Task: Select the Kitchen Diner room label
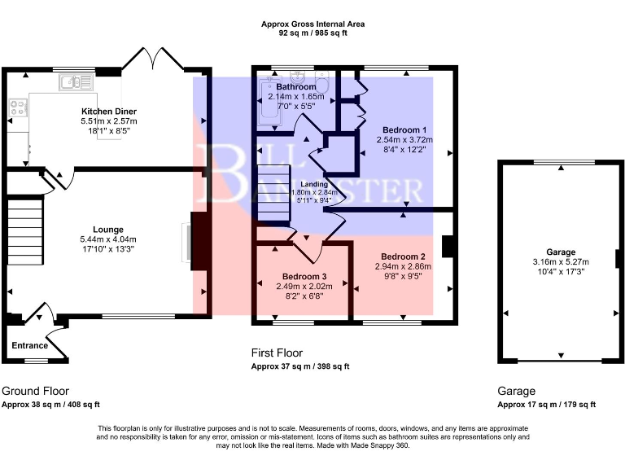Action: tap(108, 111)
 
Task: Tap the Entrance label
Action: tap(30, 345)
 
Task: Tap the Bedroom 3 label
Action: tap(304, 275)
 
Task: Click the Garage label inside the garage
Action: tap(562, 252)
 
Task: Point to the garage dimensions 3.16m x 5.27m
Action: tap(562, 261)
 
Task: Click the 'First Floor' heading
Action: tap(277, 353)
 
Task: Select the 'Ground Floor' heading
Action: tap(35, 391)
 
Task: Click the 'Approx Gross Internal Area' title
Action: tap(312, 24)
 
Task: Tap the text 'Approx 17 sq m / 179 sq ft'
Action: tap(546, 405)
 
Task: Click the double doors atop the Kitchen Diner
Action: tap(142, 60)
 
